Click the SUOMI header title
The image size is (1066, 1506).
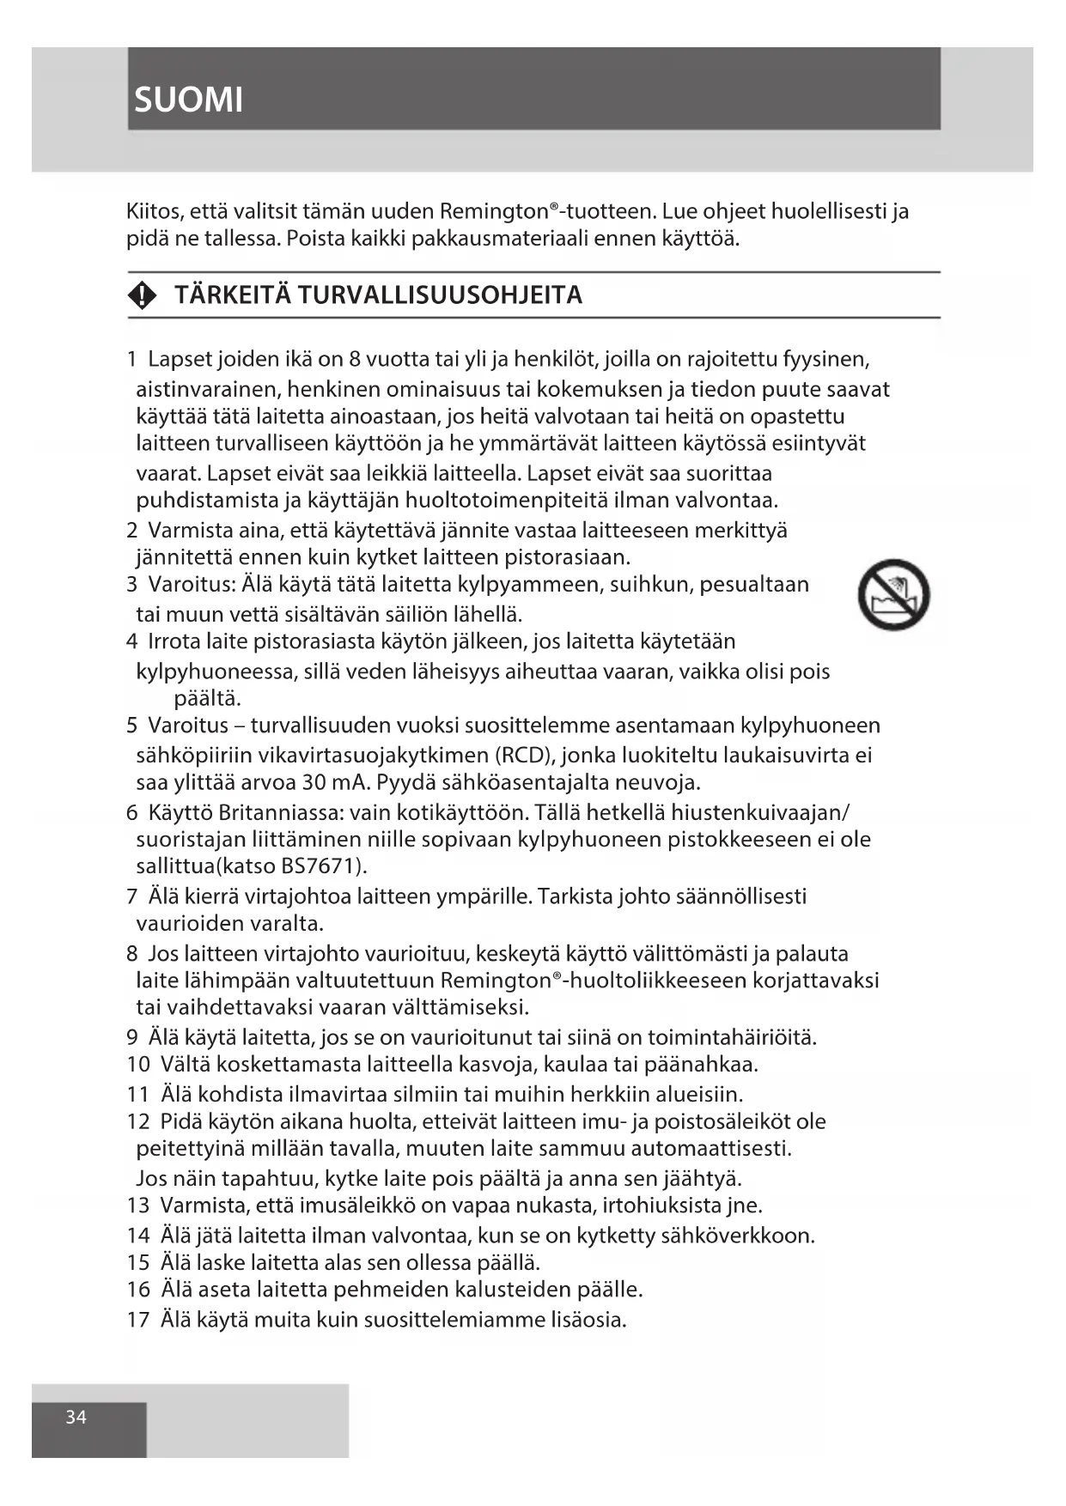pos(189,100)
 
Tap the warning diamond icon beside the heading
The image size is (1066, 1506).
pos(143,296)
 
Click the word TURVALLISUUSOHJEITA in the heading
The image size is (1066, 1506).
pos(440,295)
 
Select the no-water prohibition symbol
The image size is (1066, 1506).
pos(893,594)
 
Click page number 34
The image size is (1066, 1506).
pos(76,1417)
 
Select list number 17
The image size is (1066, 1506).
pos(138,1320)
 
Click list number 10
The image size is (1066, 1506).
pos(138,1065)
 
